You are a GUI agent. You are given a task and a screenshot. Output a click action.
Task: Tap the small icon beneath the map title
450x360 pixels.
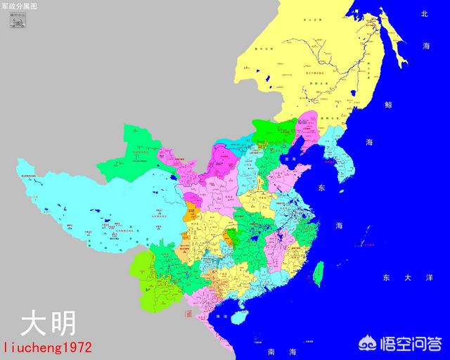click(15, 20)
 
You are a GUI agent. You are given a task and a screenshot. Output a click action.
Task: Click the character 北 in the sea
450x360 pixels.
click(424, 13)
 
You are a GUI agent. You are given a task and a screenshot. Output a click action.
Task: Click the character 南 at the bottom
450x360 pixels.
click(252, 349)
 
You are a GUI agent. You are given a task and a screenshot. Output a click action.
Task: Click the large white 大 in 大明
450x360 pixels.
click(32, 324)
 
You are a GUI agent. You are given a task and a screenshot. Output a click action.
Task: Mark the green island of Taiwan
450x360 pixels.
click(317, 274)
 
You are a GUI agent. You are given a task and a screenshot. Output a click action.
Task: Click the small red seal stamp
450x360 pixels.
click(188, 314)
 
